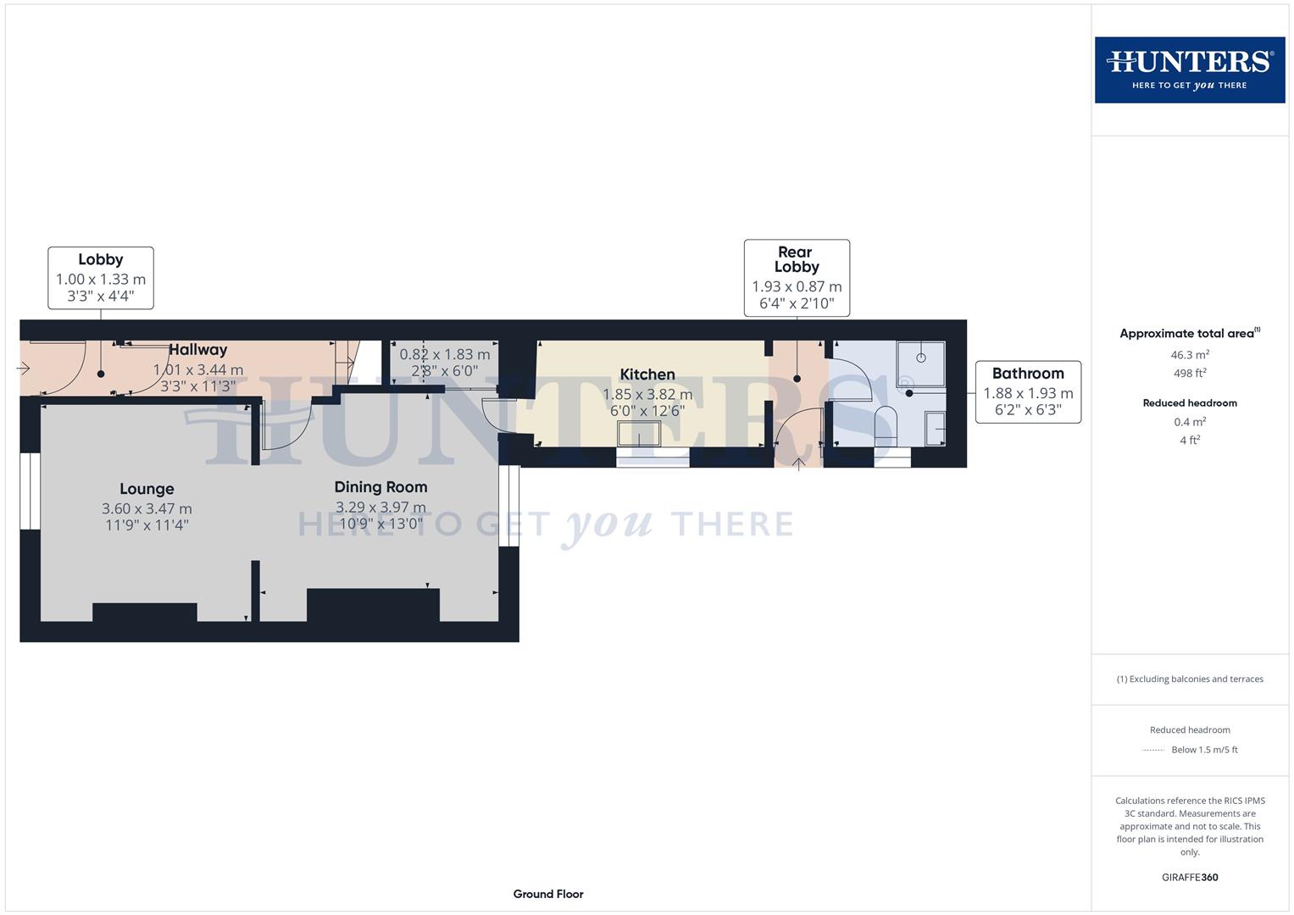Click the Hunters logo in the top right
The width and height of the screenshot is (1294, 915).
coord(1189,69)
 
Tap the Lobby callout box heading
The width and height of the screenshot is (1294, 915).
coord(100,260)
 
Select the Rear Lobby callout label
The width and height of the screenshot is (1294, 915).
coord(796,259)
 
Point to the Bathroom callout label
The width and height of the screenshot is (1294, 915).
coord(1027,374)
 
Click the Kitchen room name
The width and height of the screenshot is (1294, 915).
coord(647,374)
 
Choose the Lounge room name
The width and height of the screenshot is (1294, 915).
coord(147,489)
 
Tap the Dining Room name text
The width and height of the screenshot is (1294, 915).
coord(380,487)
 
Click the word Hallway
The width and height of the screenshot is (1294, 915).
coord(197,350)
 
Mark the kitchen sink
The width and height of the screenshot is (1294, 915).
coord(640,434)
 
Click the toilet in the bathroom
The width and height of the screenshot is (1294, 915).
coord(885,425)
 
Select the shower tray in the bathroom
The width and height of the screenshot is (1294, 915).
coord(921,364)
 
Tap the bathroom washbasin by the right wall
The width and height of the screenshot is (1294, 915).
coord(936,429)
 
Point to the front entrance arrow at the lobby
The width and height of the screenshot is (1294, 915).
coord(24,369)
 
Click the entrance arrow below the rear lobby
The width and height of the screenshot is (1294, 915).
coord(798,463)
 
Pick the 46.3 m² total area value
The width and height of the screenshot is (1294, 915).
coord(1189,355)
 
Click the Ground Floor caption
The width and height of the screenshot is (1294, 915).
coord(547,894)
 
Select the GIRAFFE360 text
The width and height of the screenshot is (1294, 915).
coord(1189,878)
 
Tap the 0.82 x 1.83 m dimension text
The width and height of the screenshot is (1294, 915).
coord(444,355)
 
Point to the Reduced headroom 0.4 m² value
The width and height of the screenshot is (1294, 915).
coord(1189,422)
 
